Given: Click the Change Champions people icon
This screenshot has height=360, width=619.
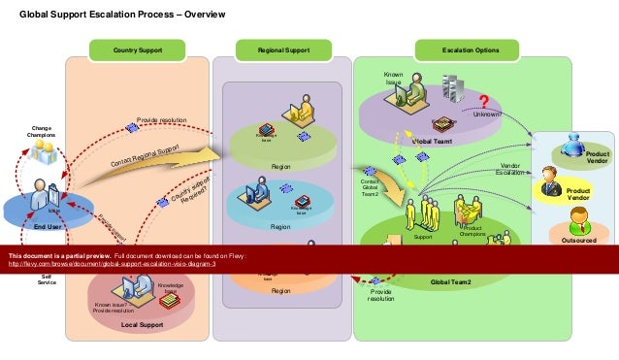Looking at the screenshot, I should (x=42, y=150).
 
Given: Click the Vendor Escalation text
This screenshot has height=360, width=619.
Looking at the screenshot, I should (x=509, y=170).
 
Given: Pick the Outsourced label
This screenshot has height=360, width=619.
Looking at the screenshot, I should (x=579, y=235).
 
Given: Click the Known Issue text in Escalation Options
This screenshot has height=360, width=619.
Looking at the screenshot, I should (x=393, y=78).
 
